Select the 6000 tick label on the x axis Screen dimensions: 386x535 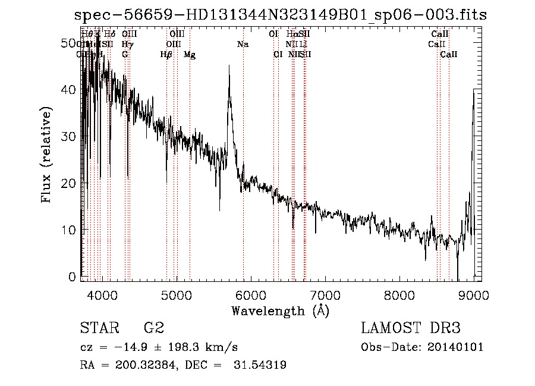tap(251, 296)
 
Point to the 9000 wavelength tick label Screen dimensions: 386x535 tap(474, 296)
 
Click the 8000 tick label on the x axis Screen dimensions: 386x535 tap(399, 296)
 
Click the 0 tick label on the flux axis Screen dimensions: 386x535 tap(72, 277)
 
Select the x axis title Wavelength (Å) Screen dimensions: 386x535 tap(280, 310)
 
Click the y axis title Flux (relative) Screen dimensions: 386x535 tap(47, 155)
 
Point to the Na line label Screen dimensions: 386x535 tap(243, 45)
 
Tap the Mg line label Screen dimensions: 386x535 tap(190, 55)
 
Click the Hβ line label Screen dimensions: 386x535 tap(166, 55)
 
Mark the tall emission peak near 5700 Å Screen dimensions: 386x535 tap(229, 67)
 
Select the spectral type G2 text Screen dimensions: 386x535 tap(153, 328)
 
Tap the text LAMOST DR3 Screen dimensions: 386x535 tap(411, 328)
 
